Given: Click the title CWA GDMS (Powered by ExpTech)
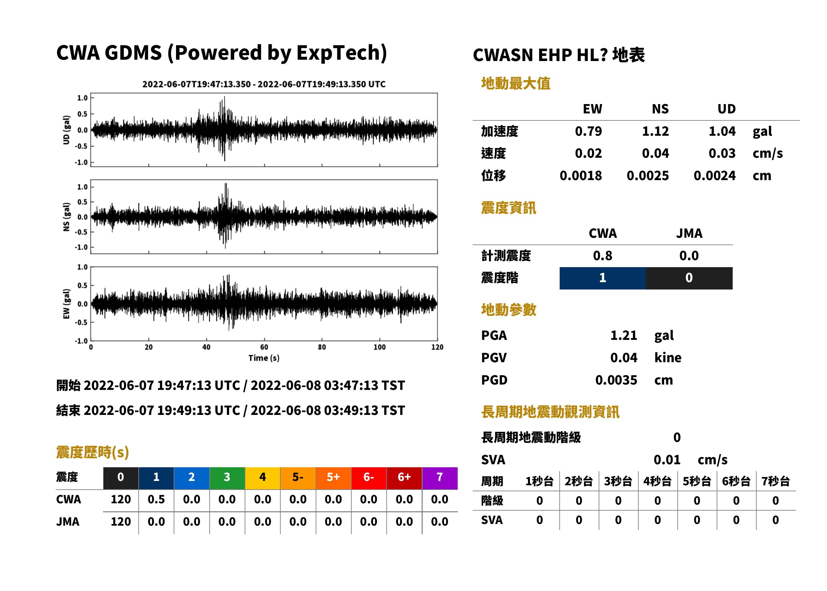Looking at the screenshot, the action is pos(221,53).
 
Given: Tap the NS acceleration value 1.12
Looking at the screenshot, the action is pos(655,131).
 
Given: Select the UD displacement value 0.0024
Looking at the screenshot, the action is pos(714,176).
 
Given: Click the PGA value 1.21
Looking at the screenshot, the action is pos(623,335).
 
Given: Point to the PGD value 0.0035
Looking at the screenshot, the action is pos(616,380).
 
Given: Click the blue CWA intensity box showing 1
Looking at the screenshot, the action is pos(603,278).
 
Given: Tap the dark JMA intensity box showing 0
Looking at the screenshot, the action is pos(689,278).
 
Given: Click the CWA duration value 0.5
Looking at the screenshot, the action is pos(156,499).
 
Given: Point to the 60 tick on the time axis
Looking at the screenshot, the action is pos(264,347).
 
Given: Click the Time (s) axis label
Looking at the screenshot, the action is pos(264,358).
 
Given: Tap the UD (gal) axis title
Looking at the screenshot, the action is pos(66,130).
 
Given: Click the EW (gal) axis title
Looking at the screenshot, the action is pos(66,304).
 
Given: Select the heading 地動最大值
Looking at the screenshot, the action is pos(516,83).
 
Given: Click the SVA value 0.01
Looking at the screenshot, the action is pos(667,460).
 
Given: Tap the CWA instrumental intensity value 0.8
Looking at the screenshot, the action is pos(603,256).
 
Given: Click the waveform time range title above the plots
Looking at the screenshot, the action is pos(264,84).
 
